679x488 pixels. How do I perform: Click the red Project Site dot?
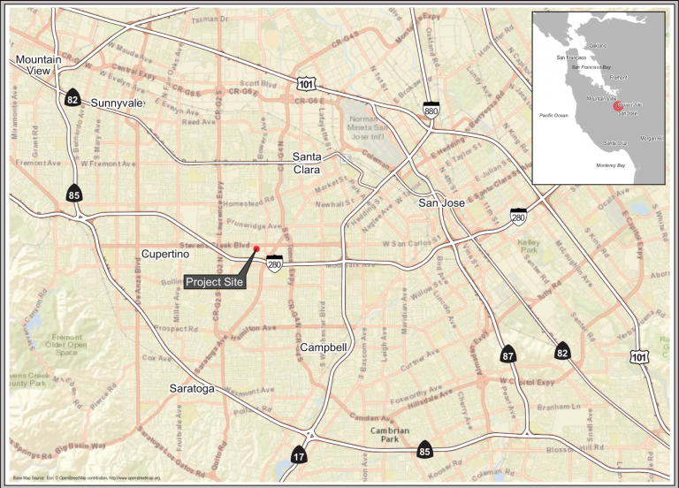coord(256,249)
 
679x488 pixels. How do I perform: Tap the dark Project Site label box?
coord(214,282)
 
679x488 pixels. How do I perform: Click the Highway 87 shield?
coord(507,355)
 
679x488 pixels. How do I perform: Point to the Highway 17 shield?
coord(300,454)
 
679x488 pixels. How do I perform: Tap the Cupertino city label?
coord(167,254)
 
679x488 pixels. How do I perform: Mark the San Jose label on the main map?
coord(441,202)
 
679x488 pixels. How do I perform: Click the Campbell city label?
coord(323,347)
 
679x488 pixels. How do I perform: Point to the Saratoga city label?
coord(192,388)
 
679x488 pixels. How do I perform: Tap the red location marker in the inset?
coord(617,106)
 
